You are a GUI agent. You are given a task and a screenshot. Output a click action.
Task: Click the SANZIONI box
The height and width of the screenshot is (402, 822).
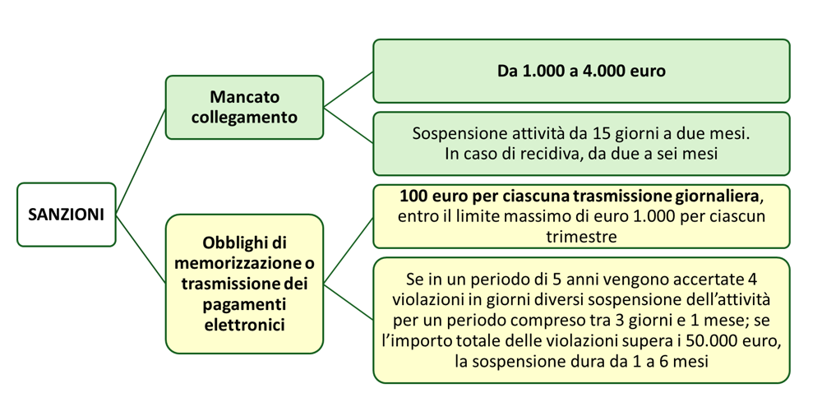pos(66,215)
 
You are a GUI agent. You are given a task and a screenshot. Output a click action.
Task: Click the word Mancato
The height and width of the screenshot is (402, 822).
pos(244,97)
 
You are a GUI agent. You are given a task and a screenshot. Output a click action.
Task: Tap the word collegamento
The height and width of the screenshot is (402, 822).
pos(244,117)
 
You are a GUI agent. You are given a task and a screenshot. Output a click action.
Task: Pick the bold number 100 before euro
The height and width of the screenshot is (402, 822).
pos(411,197)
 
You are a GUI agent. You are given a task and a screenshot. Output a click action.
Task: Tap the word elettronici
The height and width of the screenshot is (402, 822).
pos(244,323)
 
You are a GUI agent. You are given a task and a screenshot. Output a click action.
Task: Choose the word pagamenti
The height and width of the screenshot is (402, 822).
pos(244,303)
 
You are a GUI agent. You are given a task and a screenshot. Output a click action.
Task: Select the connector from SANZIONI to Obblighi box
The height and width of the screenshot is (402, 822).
pos(141,249)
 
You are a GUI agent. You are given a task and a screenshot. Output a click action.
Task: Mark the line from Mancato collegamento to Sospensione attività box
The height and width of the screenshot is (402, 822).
pos(349,125)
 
